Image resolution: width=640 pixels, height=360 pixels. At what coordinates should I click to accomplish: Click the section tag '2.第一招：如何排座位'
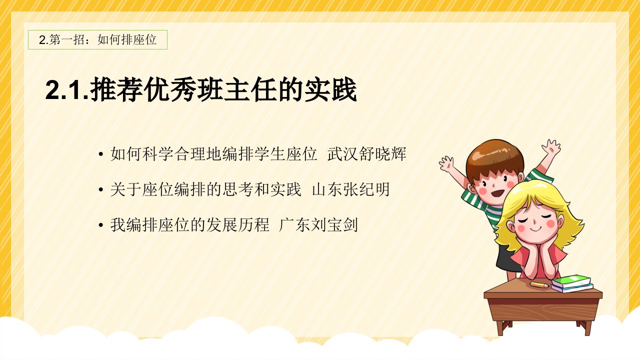click(x=97, y=39)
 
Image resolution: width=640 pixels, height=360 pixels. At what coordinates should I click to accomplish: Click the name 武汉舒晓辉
click(x=367, y=154)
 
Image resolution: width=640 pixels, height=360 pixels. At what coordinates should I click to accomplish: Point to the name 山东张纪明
click(x=351, y=189)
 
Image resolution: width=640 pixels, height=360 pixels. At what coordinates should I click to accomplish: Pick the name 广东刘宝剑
click(x=318, y=225)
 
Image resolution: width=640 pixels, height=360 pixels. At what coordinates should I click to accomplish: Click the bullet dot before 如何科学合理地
click(x=100, y=154)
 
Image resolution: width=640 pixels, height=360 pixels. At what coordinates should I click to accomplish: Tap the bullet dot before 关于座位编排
click(x=100, y=190)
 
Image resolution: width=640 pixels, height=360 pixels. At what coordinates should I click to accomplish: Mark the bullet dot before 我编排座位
click(x=100, y=225)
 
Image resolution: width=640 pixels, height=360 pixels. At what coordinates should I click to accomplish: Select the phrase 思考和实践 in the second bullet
click(x=262, y=189)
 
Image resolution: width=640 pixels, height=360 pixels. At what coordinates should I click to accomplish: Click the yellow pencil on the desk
click(x=539, y=284)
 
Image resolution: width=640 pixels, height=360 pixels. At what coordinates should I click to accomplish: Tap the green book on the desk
click(x=571, y=281)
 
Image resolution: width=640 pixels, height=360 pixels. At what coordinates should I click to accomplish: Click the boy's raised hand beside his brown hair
click(x=446, y=163)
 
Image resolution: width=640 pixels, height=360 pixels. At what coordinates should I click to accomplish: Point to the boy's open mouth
click(x=497, y=193)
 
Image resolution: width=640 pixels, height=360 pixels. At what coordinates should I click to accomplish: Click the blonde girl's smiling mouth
click(x=536, y=229)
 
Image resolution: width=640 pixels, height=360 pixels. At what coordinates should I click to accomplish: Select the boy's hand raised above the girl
click(x=551, y=147)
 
